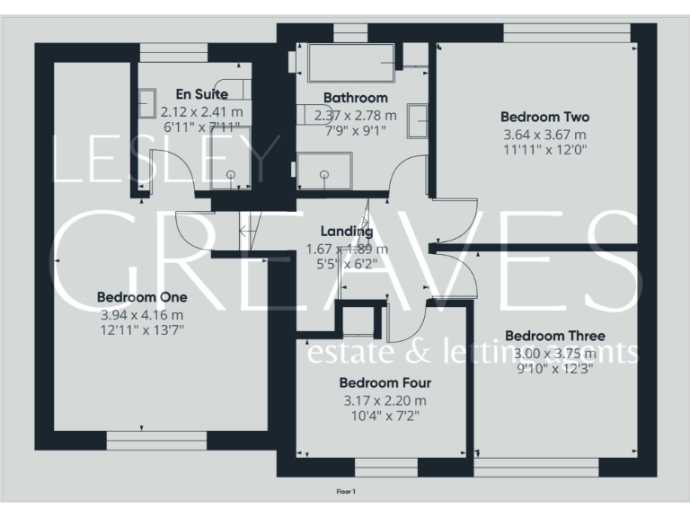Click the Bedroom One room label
coord(142,297)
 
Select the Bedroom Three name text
coord(548,336)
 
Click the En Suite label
coord(201,93)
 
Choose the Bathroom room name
coord(355,97)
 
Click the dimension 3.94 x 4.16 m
coord(142,314)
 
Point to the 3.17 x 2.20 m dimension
coord(385,400)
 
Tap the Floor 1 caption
coord(346,491)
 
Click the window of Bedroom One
coord(157,441)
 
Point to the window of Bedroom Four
coord(386,468)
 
